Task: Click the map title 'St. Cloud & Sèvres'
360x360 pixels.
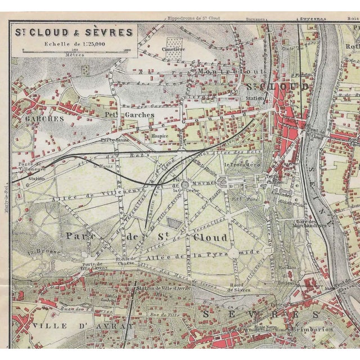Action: tap(73, 32)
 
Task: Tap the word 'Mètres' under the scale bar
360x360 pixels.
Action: tap(71, 55)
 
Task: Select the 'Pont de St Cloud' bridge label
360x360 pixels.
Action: tap(316, 134)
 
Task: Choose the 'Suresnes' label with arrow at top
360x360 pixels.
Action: tap(314, 19)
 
